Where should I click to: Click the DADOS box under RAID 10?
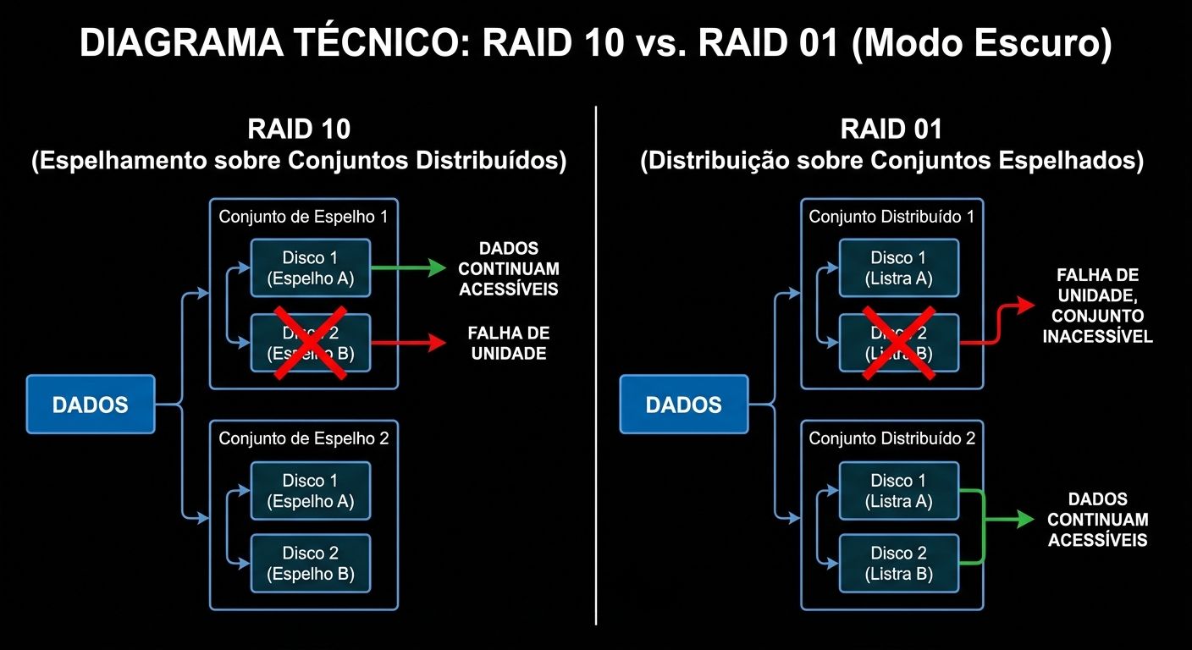[x=91, y=405]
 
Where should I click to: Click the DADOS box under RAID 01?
[x=683, y=405]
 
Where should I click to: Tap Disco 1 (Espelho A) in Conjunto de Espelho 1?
[x=311, y=267]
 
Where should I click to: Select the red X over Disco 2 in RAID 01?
[x=899, y=342]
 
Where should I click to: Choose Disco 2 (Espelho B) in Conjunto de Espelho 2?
[x=311, y=564]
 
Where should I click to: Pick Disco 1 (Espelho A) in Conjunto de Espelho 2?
[x=311, y=491]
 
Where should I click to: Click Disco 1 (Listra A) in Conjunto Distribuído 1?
[x=899, y=267]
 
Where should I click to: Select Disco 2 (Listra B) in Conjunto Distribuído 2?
[x=899, y=564]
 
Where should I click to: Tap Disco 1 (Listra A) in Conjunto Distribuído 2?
[x=899, y=491]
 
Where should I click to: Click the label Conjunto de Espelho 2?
[x=303, y=438]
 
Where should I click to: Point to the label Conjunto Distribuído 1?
[x=891, y=217]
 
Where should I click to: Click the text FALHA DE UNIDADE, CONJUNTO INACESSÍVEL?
[x=1097, y=306]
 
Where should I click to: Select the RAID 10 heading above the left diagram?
[x=299, y=129]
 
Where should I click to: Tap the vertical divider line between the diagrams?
[x=597, y=364]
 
